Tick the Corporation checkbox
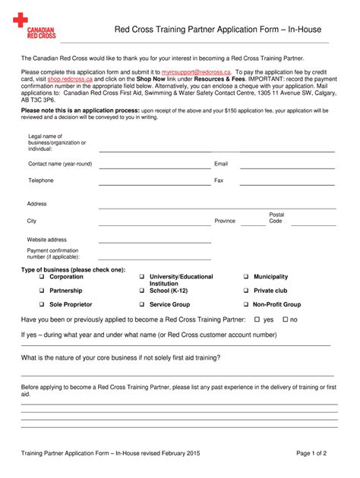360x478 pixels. coord(43,277)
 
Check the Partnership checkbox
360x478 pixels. coord(43,291)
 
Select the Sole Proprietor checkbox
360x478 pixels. coord(43,304)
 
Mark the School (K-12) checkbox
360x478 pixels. coord(142,291)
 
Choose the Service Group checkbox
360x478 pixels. coord(142,304)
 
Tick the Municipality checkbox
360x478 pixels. coord(246,277)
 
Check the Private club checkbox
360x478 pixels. coord(246,291)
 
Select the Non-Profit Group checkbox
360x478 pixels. coord(246,304)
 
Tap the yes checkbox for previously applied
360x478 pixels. coord(257,319)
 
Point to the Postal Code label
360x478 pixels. coord(276,218)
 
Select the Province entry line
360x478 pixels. coord(251,224)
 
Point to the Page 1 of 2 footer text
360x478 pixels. coord(311,453)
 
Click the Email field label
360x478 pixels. coord(221,164)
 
